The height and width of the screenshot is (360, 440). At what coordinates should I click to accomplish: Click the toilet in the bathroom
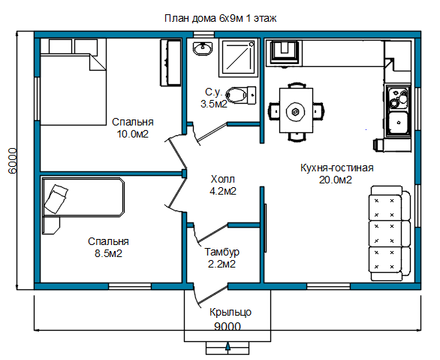(241, 95)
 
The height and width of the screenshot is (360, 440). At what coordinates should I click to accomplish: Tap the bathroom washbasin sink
(203, 48)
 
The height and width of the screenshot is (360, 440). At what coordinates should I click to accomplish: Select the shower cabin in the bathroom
(238, 59)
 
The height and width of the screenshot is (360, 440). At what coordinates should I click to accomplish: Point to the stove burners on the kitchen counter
(399, 98)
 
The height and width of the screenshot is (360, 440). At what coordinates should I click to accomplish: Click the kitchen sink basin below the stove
(398, 123)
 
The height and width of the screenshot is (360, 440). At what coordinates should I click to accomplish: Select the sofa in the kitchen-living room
(390, 233)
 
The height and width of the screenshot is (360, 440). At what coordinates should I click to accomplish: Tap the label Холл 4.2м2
(223, 185)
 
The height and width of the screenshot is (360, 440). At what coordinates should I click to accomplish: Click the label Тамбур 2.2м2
(222, 258)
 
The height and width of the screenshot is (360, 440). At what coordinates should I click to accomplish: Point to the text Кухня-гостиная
(337, 168)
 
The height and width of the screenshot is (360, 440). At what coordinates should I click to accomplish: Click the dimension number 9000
(228, 327)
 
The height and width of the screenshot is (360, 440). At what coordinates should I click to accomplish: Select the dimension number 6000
(13, 161)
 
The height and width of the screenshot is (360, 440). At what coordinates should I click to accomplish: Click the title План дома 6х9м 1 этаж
(220, 18)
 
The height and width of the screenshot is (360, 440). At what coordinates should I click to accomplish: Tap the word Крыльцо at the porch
(231, 312)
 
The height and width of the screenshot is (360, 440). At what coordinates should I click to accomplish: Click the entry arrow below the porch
(228, 346)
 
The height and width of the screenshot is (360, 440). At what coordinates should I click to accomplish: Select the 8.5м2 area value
(109, 253)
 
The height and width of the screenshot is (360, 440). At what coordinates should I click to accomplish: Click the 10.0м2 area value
(132, 134)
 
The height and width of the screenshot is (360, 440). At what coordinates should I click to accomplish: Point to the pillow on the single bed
(56, 198)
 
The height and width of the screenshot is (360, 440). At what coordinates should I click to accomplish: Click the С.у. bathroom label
(213, 92)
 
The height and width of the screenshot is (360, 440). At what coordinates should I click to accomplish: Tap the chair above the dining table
(297, 85)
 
